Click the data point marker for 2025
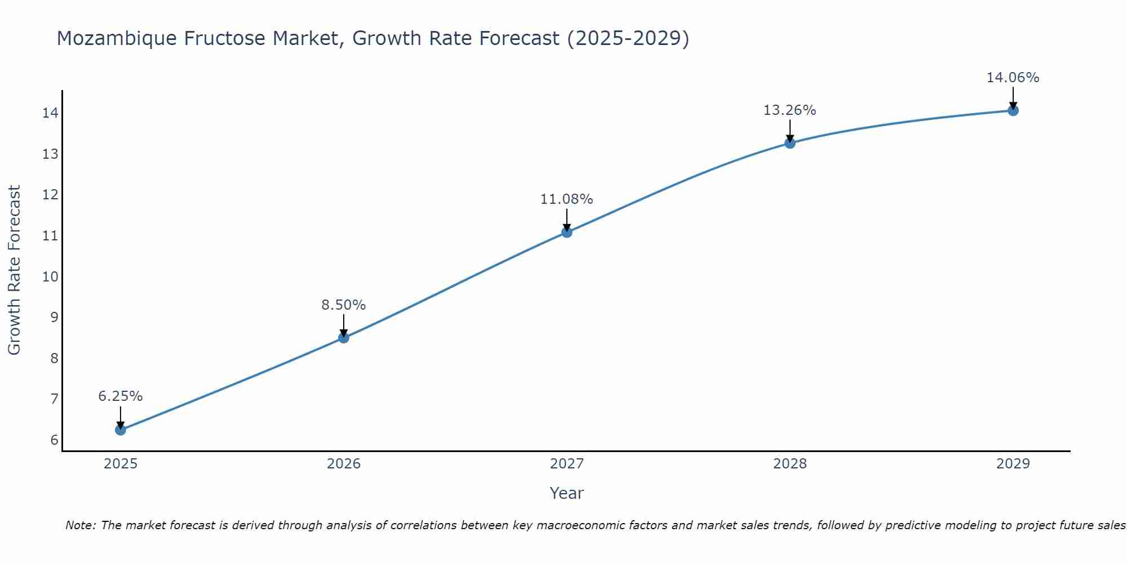(121, 430)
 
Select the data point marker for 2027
(567, 232)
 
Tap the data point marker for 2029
(1013, 110)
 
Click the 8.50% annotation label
(343, 305)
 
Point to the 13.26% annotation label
(789, 110)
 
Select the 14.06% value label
(1013, 78)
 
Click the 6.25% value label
(121, 396)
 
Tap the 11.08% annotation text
(566, 199)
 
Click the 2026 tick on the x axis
(344, 464)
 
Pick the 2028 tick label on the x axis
(789, 464)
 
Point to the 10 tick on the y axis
(50, 276)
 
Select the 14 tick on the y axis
(50, 113)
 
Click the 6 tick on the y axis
(54, 440)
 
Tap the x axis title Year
(566, 493)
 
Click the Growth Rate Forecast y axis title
(15, 270)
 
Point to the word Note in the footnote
(81, 525)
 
